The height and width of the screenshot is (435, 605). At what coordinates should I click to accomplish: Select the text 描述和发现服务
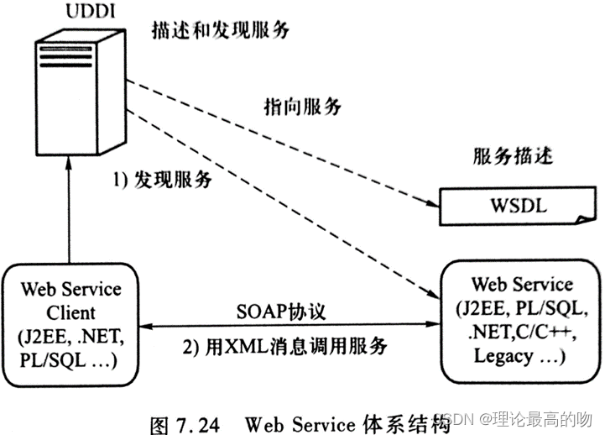click(220, 30)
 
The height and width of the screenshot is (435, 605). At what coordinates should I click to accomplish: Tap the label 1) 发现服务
click(164, 180)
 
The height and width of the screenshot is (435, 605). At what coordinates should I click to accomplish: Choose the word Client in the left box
click(70, 314)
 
